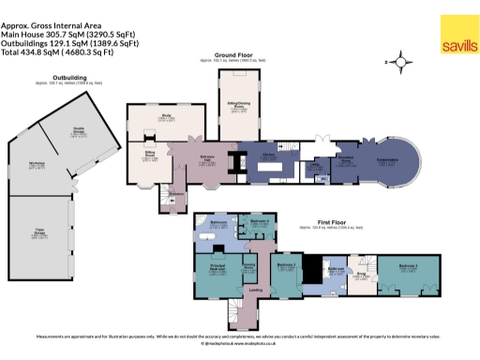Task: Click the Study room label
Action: coord(165,117)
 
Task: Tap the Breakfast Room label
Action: coord(345,157)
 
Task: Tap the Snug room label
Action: coord(358,276)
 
